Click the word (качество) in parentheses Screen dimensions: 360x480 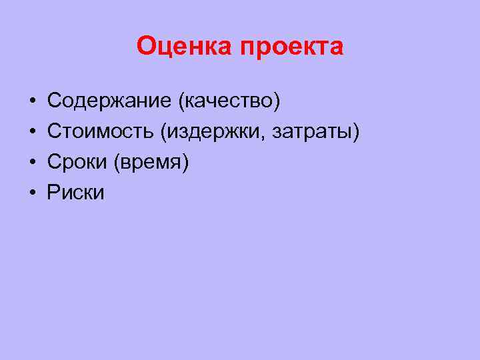pyautogui.click(x=228, y=101)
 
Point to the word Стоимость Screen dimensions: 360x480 pyautogui.click(x=100, y=132)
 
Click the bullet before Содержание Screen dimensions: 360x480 pyautogui.click(x=32, y=101)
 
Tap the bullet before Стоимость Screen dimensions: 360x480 pyautogui.click(x=32, y=132)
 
